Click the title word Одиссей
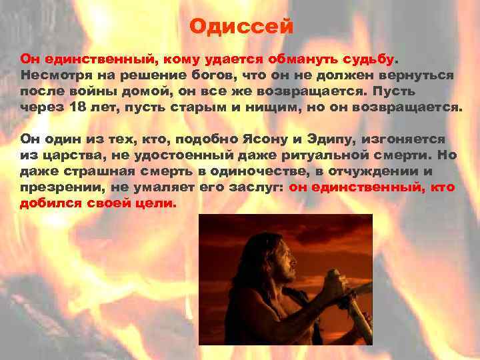pos(241,27)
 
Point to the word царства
pos(69,155)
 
